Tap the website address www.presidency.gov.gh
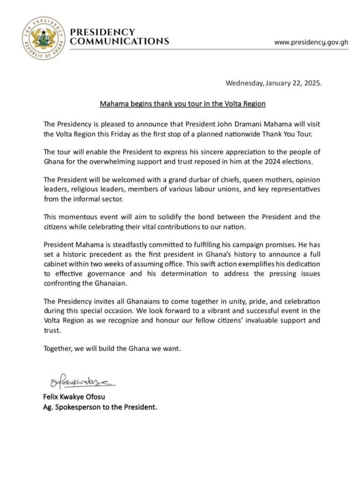311,42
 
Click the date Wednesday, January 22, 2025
274,83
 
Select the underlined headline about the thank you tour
183,104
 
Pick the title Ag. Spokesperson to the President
100,406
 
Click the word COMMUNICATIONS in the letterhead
119,41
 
